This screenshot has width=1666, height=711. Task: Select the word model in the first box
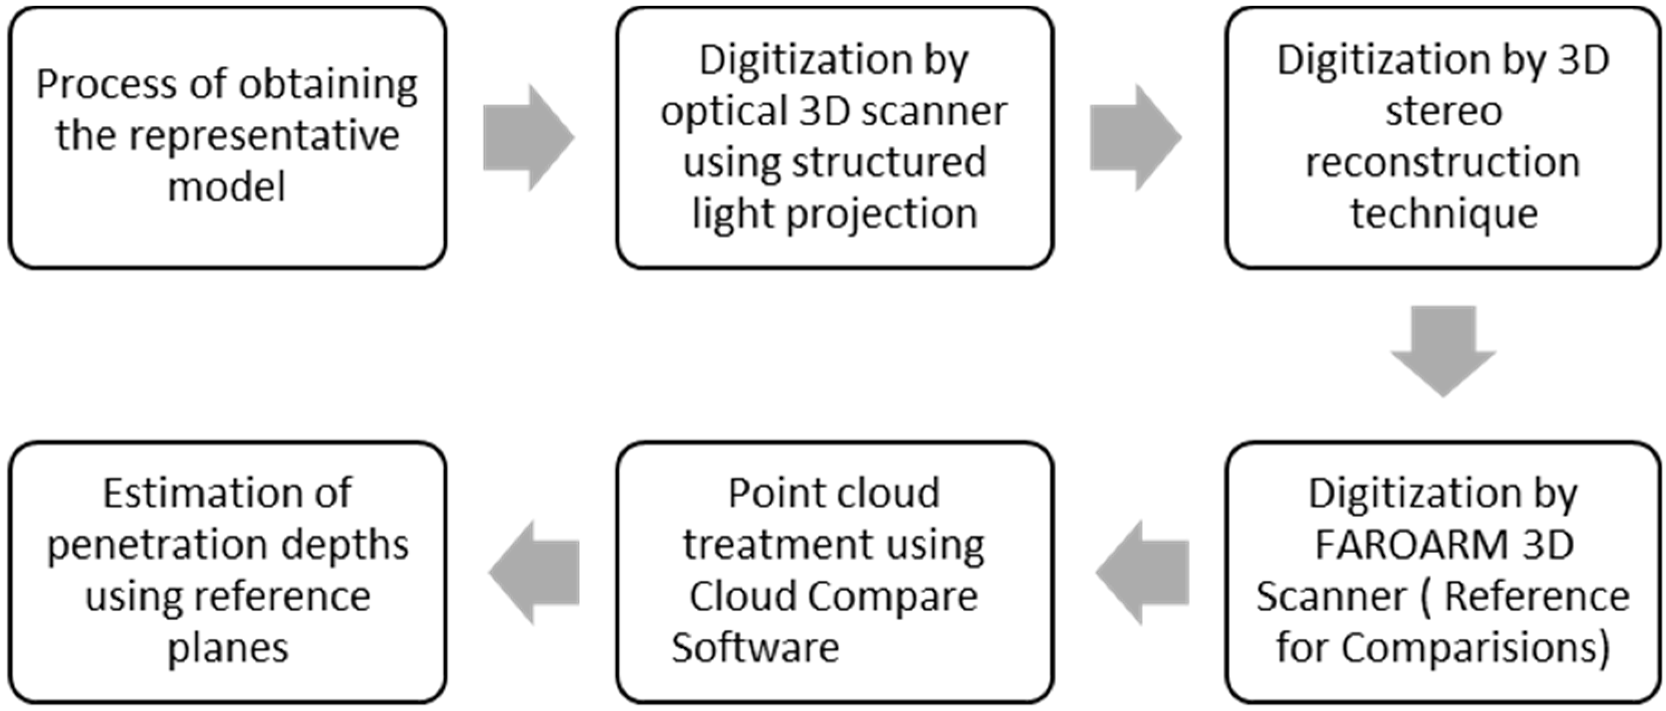[227, 188]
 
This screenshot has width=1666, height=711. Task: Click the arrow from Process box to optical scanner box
[528, 137]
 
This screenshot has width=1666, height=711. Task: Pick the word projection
[882, 214]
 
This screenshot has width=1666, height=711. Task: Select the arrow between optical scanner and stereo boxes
[1135, 137]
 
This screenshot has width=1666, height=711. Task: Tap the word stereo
[1444, 112]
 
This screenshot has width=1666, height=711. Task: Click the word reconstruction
[1444, 163]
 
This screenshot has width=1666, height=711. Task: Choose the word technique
[1444, 214]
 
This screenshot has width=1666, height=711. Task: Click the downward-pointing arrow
[1444, 350]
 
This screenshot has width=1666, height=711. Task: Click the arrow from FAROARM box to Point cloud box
[1142, 572]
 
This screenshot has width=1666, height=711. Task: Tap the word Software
[755, 647]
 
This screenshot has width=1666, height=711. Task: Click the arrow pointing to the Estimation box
[534, 572]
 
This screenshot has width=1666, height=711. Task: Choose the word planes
[228, 647]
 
